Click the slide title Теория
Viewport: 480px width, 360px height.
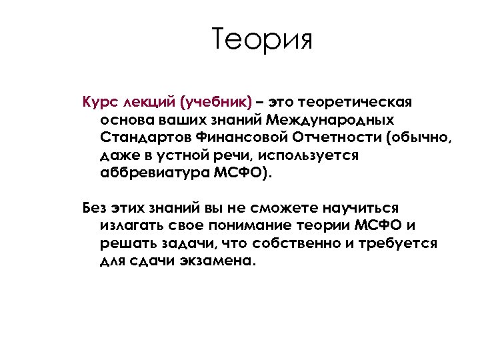click(x=262, y=41)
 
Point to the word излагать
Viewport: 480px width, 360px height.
click(x=133, y=225)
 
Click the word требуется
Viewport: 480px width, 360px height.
click(x=399, y=242)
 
